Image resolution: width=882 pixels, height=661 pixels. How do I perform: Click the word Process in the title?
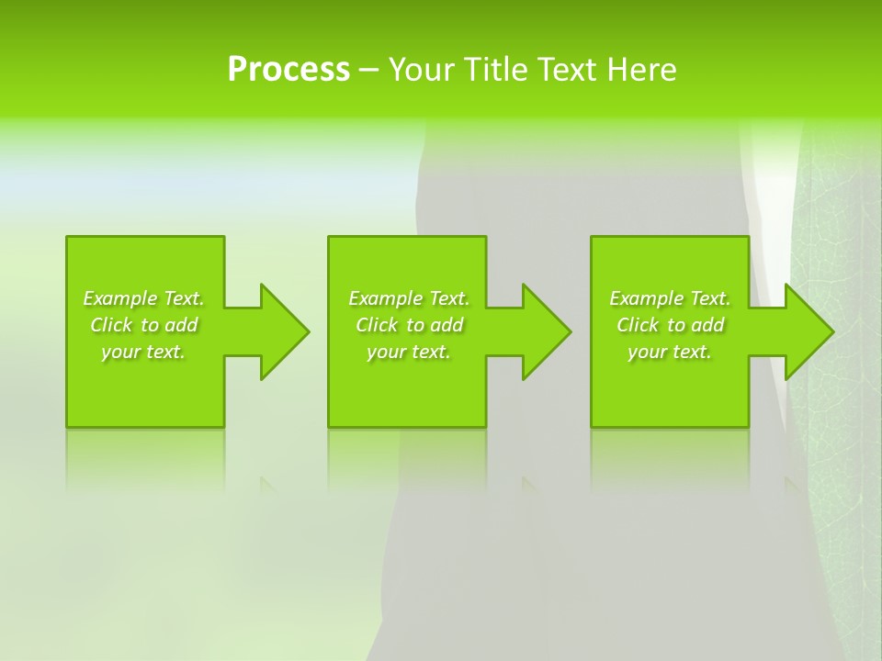(x=288, y=69)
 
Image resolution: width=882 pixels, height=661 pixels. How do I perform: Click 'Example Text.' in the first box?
(x=143, y=298)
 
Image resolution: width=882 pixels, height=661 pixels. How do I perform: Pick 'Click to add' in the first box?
(x=143, y=325)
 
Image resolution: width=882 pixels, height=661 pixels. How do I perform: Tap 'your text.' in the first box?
(x=143, y=352)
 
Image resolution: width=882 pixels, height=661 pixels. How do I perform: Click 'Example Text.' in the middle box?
(x=408, y=298)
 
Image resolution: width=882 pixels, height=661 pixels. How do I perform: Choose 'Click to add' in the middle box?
(x=408, y=325)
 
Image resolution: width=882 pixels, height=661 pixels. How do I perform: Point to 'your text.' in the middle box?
(x=408, y=352)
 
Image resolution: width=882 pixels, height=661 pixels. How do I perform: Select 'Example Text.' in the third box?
(x=670, y=298)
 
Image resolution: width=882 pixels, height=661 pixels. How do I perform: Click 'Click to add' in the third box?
(x=670, y=325)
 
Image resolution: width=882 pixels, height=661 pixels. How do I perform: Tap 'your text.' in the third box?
(x=670, y=352)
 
